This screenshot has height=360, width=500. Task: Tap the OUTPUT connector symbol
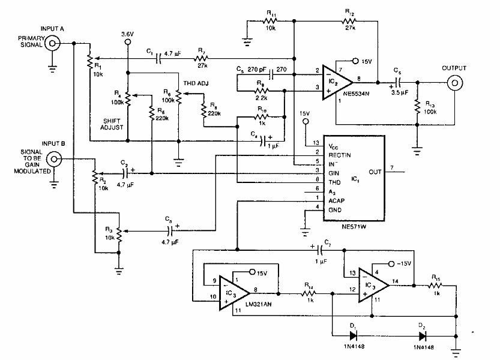454,83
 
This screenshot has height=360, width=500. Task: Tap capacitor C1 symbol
159,59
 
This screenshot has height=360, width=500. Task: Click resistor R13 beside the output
415,109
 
